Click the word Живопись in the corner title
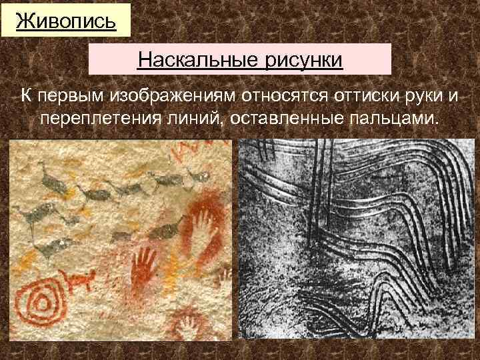pyautogui.click(x=65, y=20)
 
